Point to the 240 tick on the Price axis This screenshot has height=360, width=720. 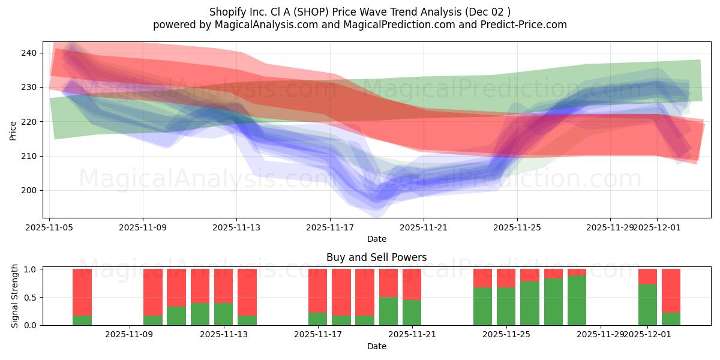coord(28,53)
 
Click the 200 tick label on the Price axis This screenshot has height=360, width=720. coord(28,190)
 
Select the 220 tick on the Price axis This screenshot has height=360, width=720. coord(28,122)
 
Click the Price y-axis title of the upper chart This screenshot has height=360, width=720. coord(13,130)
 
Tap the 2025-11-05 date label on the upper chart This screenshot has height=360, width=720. coord(50,227)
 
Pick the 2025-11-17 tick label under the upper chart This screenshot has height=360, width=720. coord(330,227)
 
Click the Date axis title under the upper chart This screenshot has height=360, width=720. coord(376,239)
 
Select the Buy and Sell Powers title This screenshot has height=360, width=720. coord(376,257)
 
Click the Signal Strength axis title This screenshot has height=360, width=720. coord(15,296)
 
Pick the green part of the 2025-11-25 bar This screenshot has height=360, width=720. coord(506,306)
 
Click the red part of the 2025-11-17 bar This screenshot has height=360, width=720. coord(318,290)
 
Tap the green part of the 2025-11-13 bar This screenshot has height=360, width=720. coord(223,314)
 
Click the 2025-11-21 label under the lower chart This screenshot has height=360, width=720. coord(413,335)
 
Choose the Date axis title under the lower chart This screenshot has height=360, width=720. coord(376,346)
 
